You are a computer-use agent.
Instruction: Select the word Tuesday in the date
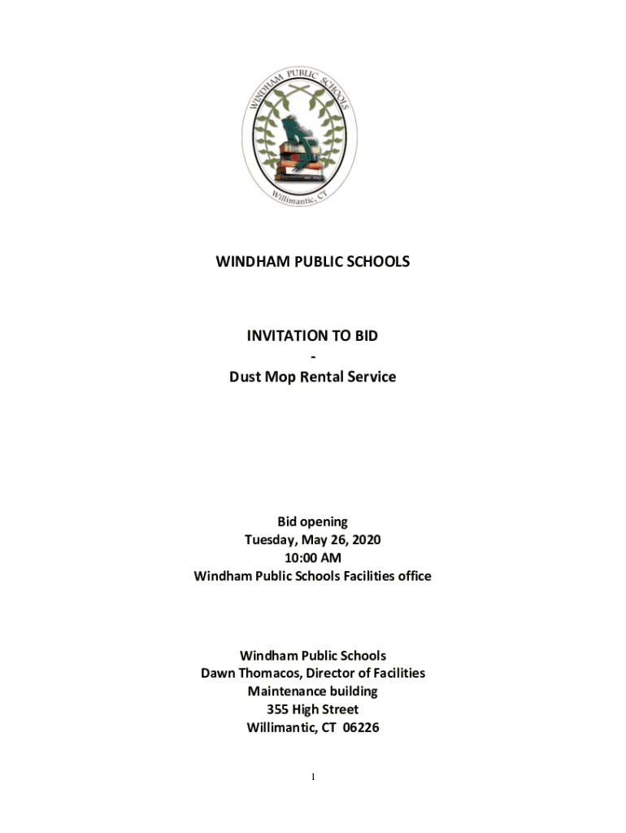point(271,539)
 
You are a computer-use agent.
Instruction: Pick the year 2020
point(365,539)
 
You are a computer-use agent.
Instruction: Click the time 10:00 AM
point(313,558)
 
